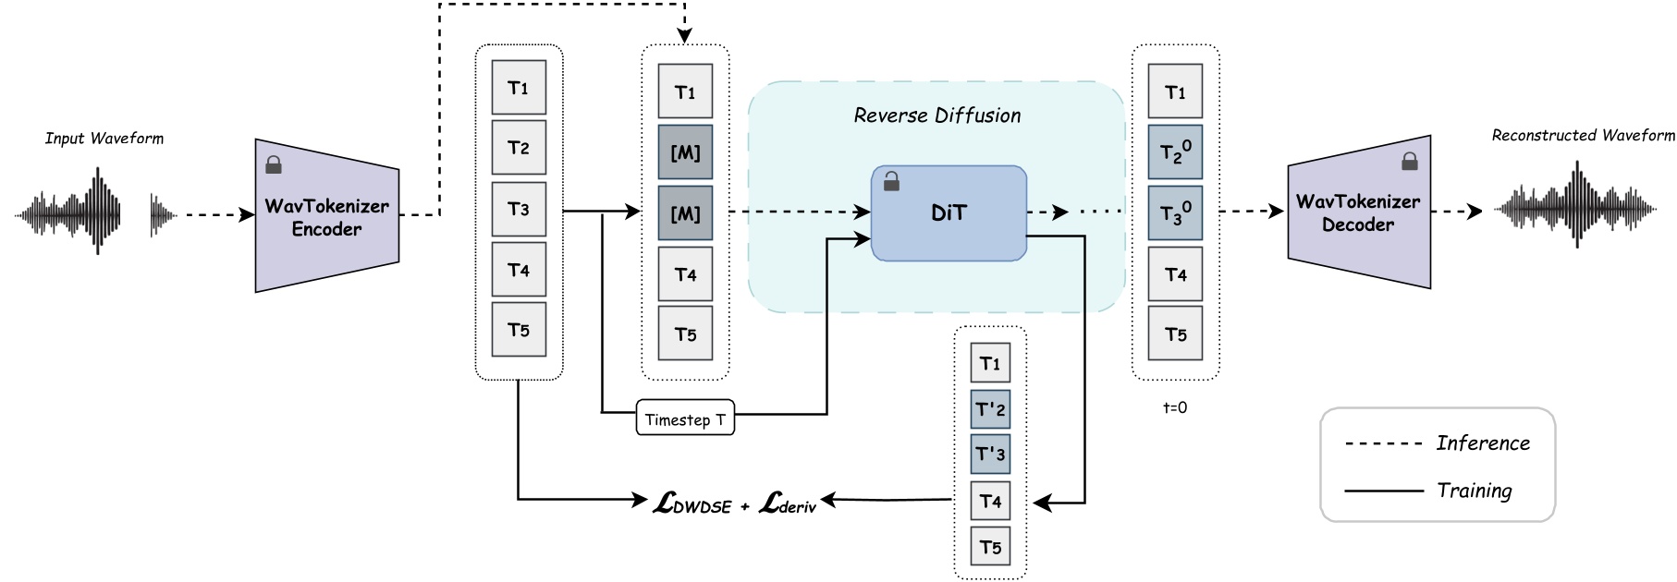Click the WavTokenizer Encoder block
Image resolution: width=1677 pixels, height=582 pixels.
click(x=326, y=217)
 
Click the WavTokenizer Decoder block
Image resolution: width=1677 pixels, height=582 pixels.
click(x=1358, y=213)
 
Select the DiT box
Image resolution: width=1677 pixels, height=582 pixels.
click(x=949, y=213)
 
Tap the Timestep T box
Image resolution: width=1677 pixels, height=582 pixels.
click(x=685, y=418)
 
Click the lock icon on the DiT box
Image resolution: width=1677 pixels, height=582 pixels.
click(x=891, y=182)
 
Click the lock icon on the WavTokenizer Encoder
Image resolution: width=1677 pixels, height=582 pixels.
click(x=274, y=165)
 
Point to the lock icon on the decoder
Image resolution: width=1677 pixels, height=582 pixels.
click(x=1409, y=162)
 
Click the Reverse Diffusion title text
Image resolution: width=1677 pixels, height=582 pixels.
click(x=936, y=115)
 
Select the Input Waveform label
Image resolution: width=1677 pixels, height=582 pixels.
click(x=104, y=139)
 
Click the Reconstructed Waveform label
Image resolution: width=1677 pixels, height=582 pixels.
click(x=1583, y=136)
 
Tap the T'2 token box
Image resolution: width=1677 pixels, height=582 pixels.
click(x=990, y=409)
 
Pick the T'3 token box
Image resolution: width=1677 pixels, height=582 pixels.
click(x=990, y=455)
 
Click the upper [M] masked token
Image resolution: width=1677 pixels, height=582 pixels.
click(x=685, y=152)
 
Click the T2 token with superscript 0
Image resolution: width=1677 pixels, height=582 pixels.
click(x=1175, y=152)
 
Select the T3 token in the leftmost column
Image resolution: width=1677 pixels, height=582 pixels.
click(x=519, y=210)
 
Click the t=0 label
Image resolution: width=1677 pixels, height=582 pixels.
click(x=1175, y=407)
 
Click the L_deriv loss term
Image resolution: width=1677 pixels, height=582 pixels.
click(x=788, y=503)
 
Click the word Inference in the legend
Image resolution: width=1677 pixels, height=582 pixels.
click(x=1483, y=443)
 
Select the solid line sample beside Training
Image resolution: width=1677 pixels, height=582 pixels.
click(x=1383, y=491)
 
